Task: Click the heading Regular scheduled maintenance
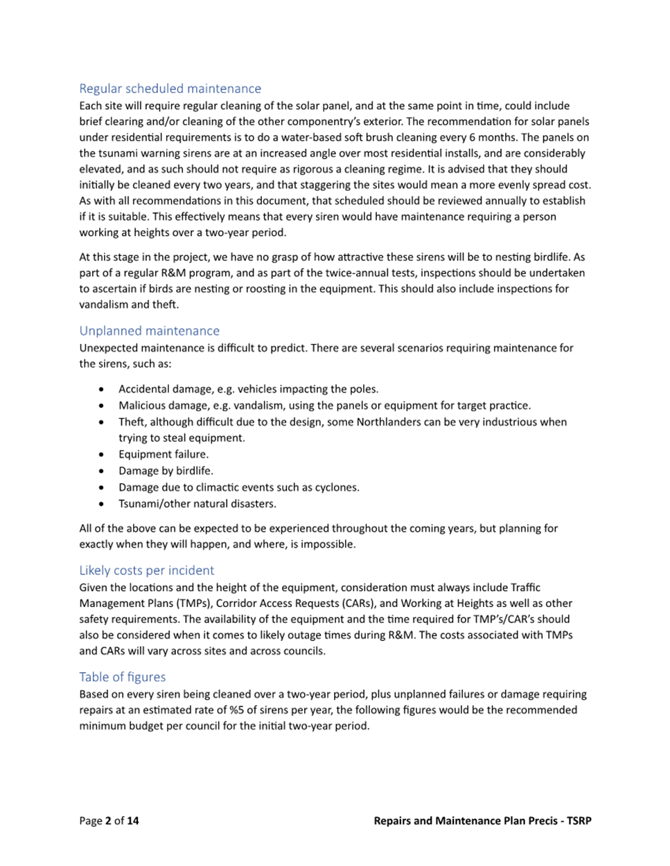(170, 89)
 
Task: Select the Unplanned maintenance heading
(149, 331)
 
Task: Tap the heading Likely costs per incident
(146, 570)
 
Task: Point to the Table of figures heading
(122, 677)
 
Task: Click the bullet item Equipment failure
(163, 454)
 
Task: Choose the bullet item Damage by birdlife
(166, 471)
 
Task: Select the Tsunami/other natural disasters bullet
(197, 504)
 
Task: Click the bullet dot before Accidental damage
(103, 389)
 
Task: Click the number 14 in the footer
(132, 821)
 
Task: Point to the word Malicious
(142, 406)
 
